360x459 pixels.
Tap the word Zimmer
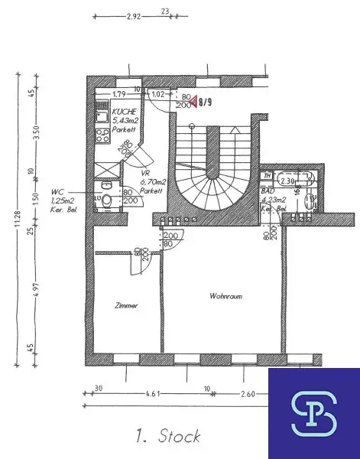click(127, 305)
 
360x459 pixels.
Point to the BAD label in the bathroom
click(268, 193)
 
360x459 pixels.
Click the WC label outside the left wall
click(57, 193)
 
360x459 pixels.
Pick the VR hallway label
click(145, 174)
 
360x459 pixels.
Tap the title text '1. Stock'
click(167, 437)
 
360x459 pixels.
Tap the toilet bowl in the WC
click(108, 201)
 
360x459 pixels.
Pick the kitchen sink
click(102, 116)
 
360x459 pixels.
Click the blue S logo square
click(313, 414)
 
